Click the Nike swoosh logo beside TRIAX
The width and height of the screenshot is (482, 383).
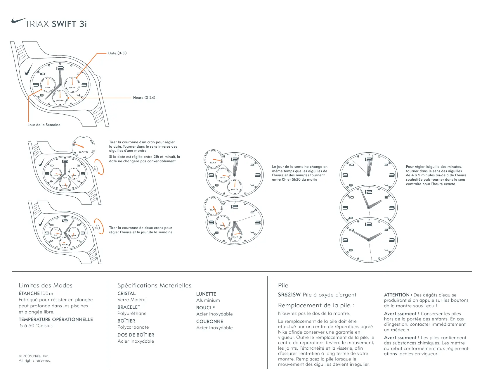pos(18,21)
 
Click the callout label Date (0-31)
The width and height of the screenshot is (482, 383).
pos(117,53)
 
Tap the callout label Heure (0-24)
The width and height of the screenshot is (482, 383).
pos(144,98)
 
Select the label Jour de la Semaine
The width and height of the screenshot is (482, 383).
pos(44,125)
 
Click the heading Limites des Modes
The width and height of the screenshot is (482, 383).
pos(46,285)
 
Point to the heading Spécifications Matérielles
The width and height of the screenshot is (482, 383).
pos(154,285)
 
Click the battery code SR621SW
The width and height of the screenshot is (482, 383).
pos(289,295)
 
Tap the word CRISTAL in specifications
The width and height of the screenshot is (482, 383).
pos(126,294)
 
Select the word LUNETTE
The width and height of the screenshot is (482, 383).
pos(206,294)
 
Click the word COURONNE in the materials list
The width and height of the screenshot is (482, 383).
pos(210,322)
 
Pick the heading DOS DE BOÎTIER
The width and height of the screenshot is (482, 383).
pos(136,335)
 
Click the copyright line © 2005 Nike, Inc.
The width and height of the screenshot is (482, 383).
pos(34,356)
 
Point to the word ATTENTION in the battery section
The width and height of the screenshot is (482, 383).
pos(397,295)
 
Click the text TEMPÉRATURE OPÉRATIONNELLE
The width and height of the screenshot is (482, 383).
pos(56,320)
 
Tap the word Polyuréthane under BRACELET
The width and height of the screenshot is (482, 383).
pos(132,313)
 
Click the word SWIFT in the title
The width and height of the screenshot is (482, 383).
pos(64,24)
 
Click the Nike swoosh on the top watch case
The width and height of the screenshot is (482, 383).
pos(29,70)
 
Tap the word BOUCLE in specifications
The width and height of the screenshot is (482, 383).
pos(205,308)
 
